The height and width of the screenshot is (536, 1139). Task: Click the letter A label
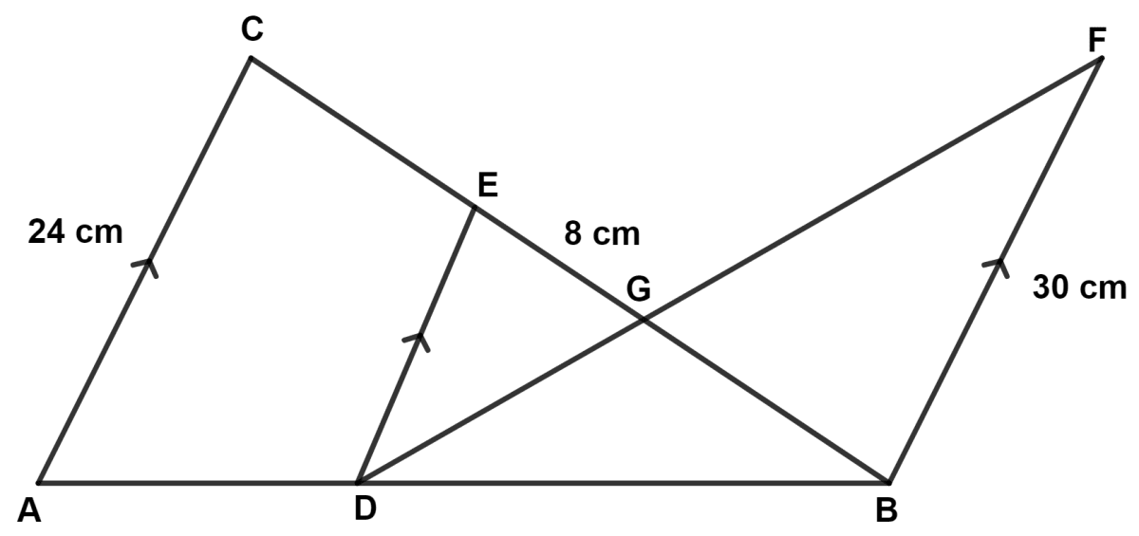tap(29, 510)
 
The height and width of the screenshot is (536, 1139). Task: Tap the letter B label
tap(887, 510)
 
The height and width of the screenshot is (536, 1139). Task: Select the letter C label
tap(252, 29)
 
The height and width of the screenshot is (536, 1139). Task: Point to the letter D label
tap(365, 508)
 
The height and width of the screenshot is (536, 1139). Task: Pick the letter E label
tap(488, 184)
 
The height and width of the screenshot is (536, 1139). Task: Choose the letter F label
tap(1097, 40)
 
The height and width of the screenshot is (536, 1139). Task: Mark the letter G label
tap(638, 289)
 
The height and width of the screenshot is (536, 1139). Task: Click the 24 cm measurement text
tap(75, 231)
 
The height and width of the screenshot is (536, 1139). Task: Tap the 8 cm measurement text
tap(602, 234)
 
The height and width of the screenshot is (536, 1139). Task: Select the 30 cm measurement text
tap(1079, 287)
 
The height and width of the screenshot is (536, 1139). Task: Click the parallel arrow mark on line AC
tap(145, 268)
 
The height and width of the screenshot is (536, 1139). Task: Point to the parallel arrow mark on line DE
tap(417, 342)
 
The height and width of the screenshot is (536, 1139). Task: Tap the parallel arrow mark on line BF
tap(996, 268)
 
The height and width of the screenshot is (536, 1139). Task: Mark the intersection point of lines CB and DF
tap(644, 319)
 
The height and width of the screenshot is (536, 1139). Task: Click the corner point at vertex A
tap(39, 482)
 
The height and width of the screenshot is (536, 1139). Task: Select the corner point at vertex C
tap(251, 59)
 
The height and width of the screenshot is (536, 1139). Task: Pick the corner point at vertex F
tap(1101, 59)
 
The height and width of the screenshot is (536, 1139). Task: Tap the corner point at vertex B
tap(888, 482)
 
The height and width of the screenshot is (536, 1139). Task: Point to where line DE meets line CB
tap(475, 207)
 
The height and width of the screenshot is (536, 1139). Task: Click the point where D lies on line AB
tap(358, 482)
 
